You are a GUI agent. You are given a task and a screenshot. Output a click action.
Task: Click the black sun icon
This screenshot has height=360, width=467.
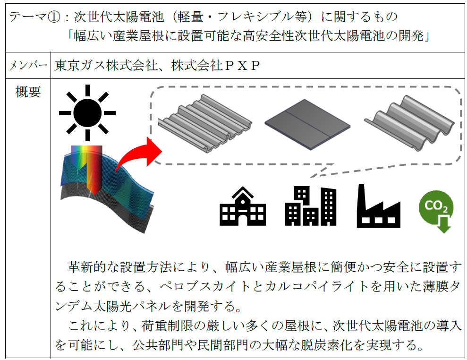pos(87,112)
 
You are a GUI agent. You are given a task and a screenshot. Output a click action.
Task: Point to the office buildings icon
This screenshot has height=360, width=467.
pos(311,206)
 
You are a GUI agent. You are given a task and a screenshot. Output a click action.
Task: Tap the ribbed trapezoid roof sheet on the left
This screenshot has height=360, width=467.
pos(204,123)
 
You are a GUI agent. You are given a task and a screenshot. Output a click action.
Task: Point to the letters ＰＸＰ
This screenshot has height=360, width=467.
pos(241,66)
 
